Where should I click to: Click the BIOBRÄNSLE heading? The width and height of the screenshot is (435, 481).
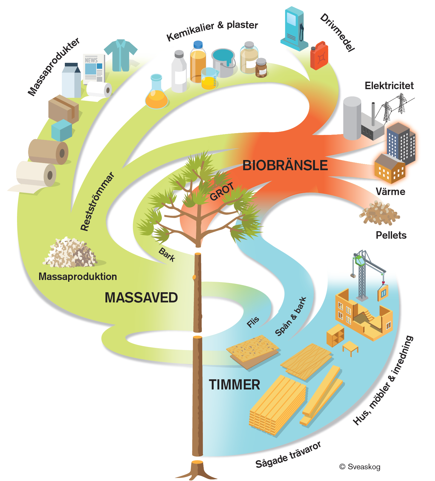pyautogui.click(x=285, y=165)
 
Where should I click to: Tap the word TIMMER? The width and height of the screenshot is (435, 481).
pyautogui.click(x=234, y=385)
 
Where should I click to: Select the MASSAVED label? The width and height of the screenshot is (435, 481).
pyautogui.click(x=141, y=298)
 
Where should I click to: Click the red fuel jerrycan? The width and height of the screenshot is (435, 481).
pyautogui.click(x=319, y=56)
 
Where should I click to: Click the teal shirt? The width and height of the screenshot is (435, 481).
pyautogui.click(x=121, y=55)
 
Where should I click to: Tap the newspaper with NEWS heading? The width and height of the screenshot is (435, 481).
pyautogui.click(x=94, y=69)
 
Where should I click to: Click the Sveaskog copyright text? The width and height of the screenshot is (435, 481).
pyautogui.click(x=360, y=467)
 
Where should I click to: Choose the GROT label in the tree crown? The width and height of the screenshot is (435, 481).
pyautogui.click(x=222, y=192)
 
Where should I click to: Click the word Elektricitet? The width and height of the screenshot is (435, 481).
pyautogui.click(x=389, y=86)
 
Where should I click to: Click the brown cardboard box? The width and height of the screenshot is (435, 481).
pyautogui.click(x=64, y=109)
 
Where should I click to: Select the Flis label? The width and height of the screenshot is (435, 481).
pyautogui.click(x=253, y=322)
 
